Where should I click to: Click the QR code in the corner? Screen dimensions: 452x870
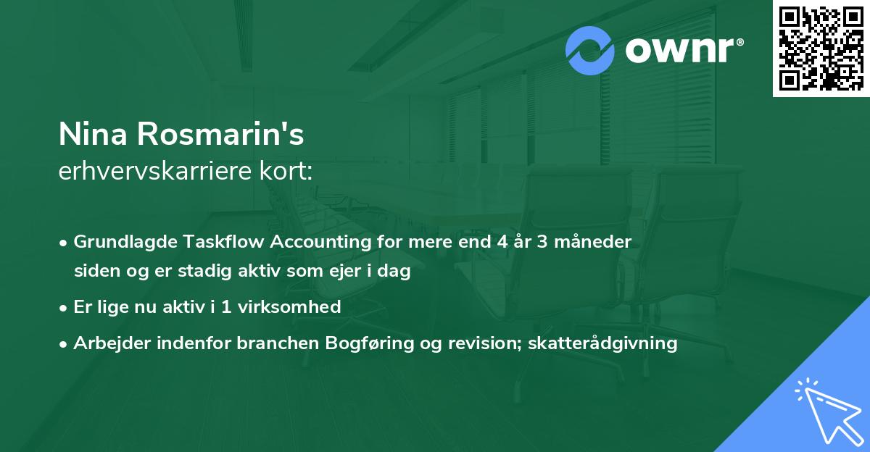point(820,48)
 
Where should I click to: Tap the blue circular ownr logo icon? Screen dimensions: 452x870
point(590,51)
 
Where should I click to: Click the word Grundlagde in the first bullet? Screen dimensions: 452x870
point(121,242)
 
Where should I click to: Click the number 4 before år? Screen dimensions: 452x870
point(502,242)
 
